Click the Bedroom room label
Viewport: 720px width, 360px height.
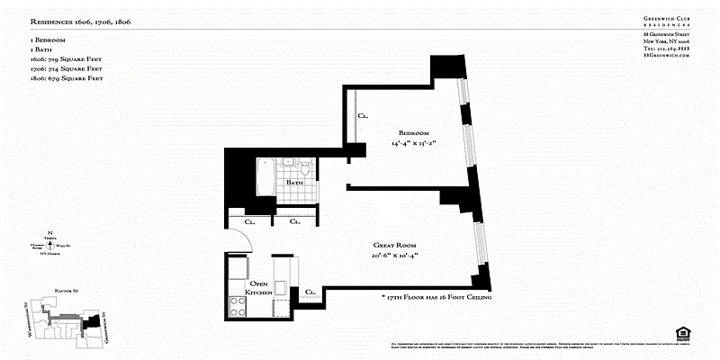414,131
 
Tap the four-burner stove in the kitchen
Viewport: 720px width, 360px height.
240,305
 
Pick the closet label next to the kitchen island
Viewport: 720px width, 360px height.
309,292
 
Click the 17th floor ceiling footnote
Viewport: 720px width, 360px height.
436,296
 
